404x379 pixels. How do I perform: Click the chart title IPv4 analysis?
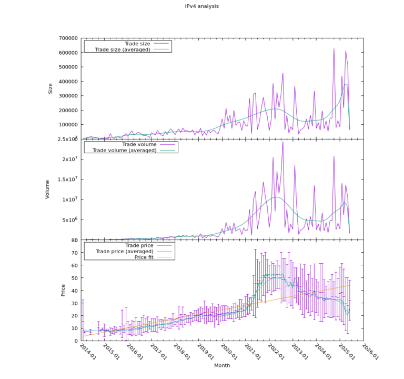(202, 6)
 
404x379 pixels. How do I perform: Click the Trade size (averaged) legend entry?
(122, 49)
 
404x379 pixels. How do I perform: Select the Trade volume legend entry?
(139, 144)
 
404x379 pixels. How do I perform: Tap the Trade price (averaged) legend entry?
(124, 252)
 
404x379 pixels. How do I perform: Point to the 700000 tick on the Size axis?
(68, 38)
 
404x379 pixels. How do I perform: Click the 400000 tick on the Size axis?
(68, 82)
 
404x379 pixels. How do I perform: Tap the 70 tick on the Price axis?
(75, 253)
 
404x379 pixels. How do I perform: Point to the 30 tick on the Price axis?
(75, 303)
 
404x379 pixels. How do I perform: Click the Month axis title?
(221, 365)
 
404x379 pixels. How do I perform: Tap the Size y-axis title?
(50, 88)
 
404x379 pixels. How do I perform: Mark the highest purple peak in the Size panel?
(334, 49)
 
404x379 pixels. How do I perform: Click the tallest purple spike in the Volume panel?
(282, 142)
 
